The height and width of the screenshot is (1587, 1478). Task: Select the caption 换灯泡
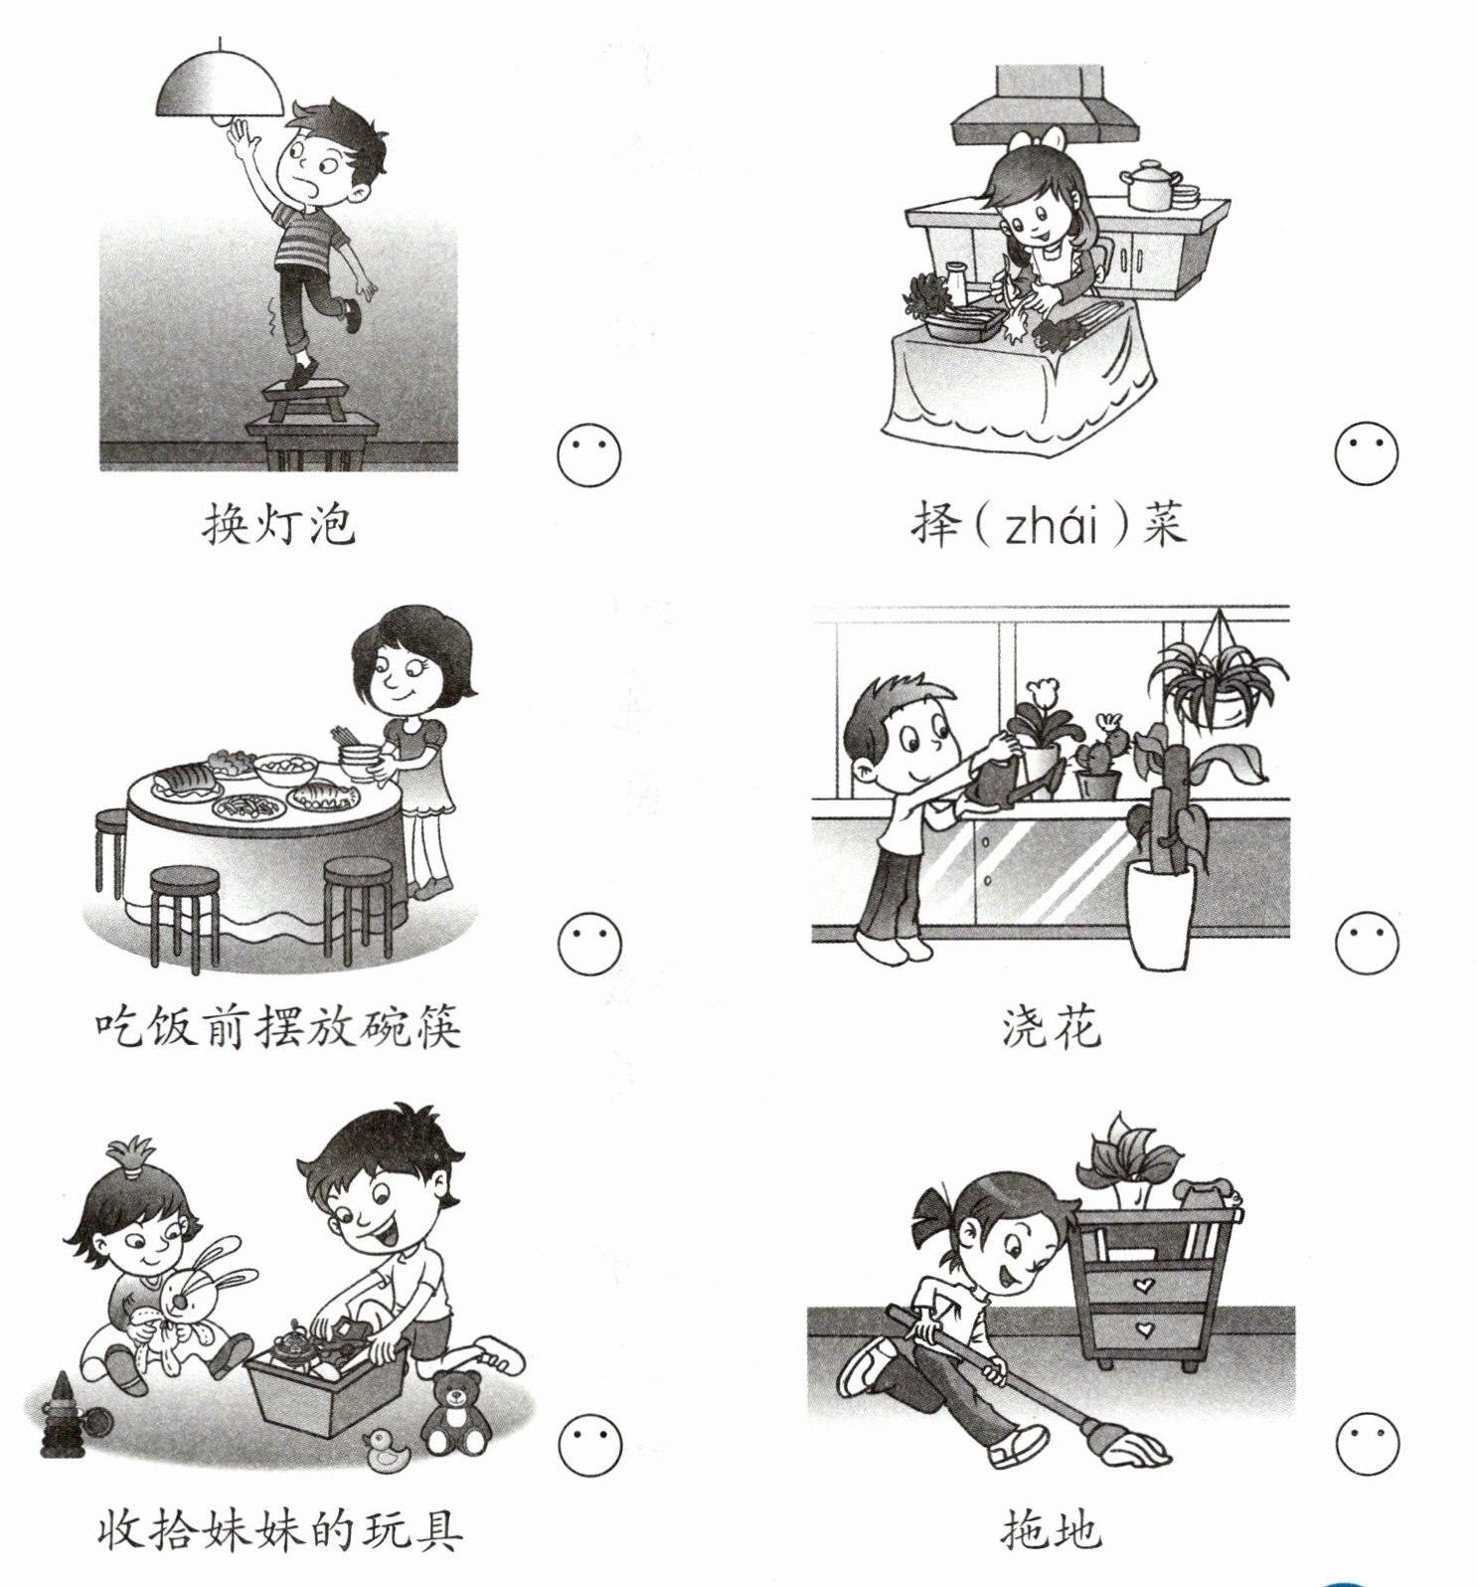(x=278, y=524)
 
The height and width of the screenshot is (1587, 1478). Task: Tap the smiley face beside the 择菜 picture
(x=1366, y=454)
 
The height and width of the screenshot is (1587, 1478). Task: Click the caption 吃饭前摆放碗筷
(x=279, y=1027)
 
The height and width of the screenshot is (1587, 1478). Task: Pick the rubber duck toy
(x=388, y=1452)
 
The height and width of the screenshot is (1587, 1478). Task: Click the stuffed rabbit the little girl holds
(x=199, y=1303)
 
